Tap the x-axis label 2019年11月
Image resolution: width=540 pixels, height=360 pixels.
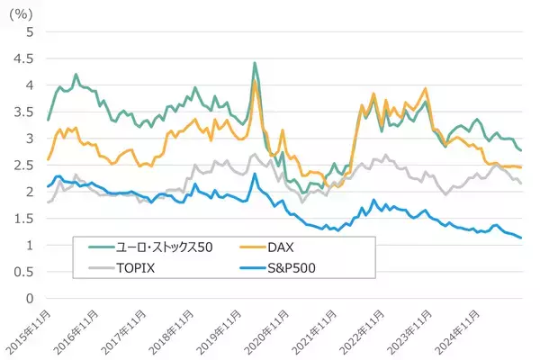click(x=222, y=329)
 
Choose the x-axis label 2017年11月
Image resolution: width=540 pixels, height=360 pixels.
click(x=127, y=329)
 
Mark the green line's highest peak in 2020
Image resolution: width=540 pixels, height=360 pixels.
click(x=255, y=63)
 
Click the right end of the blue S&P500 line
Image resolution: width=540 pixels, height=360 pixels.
click(x=522, y=238)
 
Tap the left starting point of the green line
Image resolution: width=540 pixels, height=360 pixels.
click(x=48, y=120)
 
